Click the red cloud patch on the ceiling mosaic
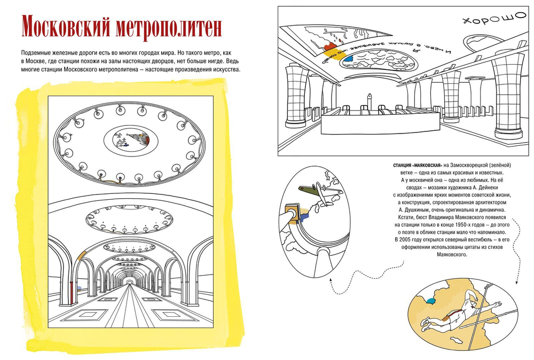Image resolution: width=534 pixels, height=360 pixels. click(336, 39)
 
